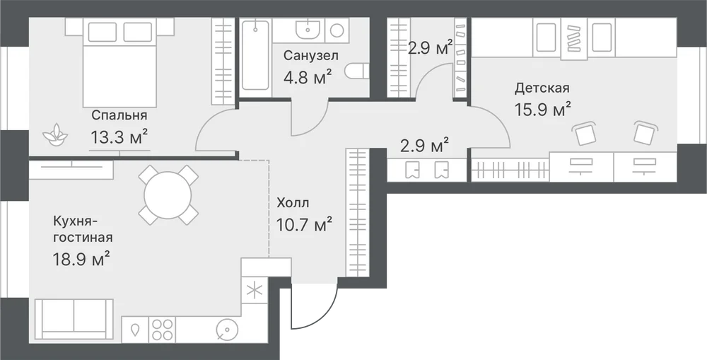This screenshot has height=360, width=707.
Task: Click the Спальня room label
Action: click(x=119, y=115)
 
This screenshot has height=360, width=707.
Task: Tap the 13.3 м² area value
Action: click(x=119, y=137)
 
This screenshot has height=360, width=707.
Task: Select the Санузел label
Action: click(x=310, y=56)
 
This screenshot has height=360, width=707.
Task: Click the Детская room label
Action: click(x=542, y=88)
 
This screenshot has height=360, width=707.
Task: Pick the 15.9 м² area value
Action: click(x=543, y=109)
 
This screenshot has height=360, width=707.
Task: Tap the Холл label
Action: click(x=293, y=203)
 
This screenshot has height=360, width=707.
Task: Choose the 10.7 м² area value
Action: click(x=304, y=223)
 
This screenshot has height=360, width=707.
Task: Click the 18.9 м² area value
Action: click(x=81, y=259)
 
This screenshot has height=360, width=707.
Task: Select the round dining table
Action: click(x=168, y=195)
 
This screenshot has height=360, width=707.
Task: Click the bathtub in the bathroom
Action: click(x=255, y=55)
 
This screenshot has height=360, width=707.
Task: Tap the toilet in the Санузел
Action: click(x=357, y=71)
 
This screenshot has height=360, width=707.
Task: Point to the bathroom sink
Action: click(x=308, y=30)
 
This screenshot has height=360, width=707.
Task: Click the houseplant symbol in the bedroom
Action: click(x=55, y=134)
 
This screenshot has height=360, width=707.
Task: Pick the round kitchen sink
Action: click(x=225, y=330)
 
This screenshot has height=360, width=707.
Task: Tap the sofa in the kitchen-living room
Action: click(x=74, y=319)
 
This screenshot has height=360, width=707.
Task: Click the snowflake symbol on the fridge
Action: click(x=255, y=291)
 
